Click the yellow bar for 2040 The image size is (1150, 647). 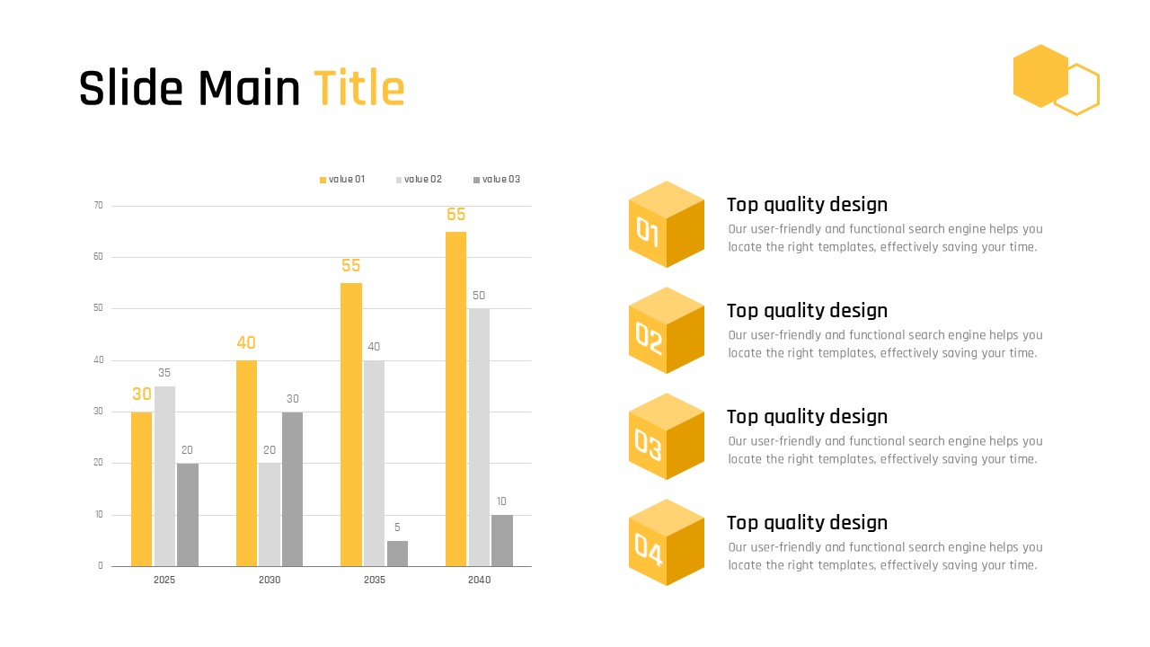tap(456, 399)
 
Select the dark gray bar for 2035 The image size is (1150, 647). tap(397, 554)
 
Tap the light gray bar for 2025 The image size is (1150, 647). tap(164, 476)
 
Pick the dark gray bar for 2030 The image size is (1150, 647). tap(292, 490)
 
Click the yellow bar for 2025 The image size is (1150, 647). tap(142, 490)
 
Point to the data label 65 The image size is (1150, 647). tap(456, 214)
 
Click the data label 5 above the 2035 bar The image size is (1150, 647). tap(397, 527)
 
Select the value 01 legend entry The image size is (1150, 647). tap(342, 179)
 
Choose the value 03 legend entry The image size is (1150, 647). tap(497, 179)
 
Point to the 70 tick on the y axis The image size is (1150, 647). tap(98, 206)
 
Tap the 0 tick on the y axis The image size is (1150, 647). tap(100, 566)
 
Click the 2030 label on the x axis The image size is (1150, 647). tap(270, 580)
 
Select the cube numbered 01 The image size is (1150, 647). tap(667, 224)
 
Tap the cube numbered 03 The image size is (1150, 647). tap(667, 437)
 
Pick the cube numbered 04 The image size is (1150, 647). tap(667, 542)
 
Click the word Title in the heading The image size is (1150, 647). tap(359, 88)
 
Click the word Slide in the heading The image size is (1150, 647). tap(131, 88)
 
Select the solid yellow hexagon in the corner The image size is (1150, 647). tap(1040, 76)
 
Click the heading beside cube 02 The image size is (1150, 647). tap(807, 311)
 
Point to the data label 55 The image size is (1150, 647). tap(351, 265)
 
